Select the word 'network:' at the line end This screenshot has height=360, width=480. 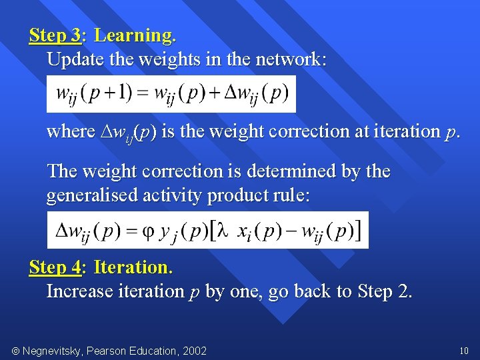[295, 59]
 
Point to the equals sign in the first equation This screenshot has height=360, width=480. [142, 93]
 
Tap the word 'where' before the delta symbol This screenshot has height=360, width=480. [71, 131]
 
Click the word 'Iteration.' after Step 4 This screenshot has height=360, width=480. [133, 267]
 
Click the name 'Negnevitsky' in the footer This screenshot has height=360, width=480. [55, 351]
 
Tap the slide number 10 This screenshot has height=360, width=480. [464, 351]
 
